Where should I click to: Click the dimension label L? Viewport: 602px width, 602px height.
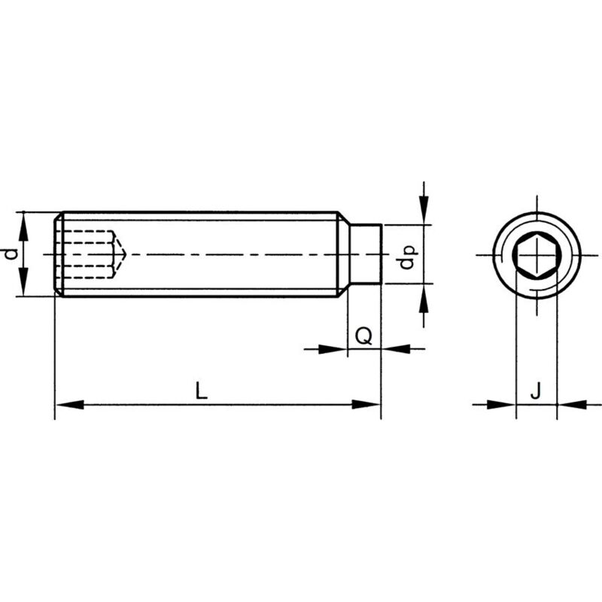click(x=199, y=391)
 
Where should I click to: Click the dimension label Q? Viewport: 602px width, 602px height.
click(x=363, y=336)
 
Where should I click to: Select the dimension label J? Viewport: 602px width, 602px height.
click(x=536, y=391)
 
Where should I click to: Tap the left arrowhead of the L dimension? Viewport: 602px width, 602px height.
click(x=68, y=405)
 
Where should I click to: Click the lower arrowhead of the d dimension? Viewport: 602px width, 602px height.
click(x=25, y=286)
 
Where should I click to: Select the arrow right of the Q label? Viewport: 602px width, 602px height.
click(x=394, y=348)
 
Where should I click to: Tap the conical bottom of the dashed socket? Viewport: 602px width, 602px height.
click(x=120, y=254)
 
